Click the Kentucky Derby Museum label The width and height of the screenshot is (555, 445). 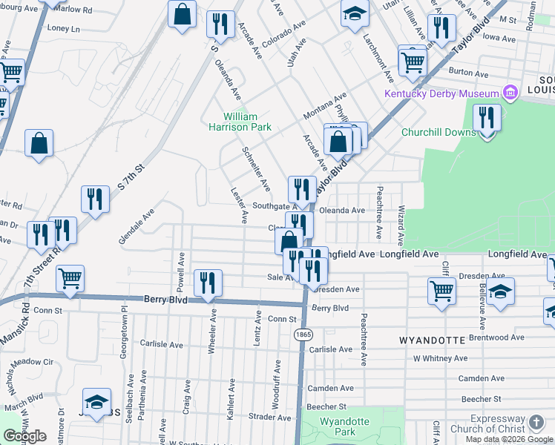(441, 93)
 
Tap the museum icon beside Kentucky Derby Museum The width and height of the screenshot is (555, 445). (510, 93)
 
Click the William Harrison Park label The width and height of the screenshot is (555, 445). (248, 122)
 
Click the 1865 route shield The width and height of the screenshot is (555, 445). (302, 334)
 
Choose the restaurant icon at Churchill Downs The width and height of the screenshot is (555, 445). (487, 118)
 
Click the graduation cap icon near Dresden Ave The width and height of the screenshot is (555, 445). (501, 291)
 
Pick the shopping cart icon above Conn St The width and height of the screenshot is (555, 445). (70, 279)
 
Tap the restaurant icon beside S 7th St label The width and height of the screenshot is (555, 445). (95, 199)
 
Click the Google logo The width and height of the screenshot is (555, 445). (24, 436)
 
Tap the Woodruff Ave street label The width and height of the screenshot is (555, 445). (276, 379)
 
